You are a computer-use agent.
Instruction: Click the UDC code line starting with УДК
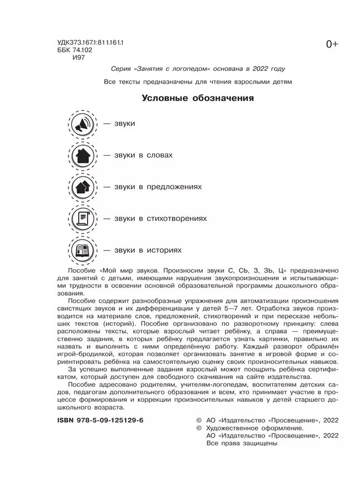click(x=90, y=42)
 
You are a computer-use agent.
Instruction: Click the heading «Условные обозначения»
click(x=198, y=99)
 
